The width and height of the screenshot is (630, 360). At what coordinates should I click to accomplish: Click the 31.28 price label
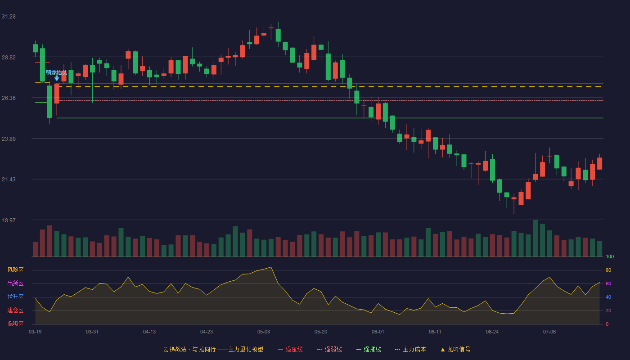[x=9, y=17]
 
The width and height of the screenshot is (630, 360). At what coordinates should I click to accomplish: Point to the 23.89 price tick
[x=9, y=139]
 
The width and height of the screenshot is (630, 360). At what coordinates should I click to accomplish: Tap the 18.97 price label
[x=9, y=220]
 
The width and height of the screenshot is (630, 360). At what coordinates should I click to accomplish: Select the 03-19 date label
[x=35, y=332]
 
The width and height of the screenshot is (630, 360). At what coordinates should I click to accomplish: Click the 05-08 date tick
[x=264, y=332]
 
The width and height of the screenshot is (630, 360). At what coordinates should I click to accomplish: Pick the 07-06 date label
[x=549, y=332]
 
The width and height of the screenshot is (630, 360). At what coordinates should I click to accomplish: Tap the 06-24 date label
[x=492, y=332]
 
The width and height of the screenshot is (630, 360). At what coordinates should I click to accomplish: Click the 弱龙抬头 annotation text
[x=57, y=73]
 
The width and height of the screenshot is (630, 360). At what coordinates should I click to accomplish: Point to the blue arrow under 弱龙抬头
[x=57, y=78]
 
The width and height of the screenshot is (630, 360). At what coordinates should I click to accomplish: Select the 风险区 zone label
[x=15, y=270]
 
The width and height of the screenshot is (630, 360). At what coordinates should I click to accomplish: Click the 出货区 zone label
[x=15, y=283]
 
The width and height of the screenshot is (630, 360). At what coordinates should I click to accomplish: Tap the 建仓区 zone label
[x=15, y=310]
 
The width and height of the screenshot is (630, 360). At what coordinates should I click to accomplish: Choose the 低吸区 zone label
[x=15, y=324]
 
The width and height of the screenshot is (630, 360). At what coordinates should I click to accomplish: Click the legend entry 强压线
[x=290, y=349]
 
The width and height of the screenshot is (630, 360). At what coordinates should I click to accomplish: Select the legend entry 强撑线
[x=369, y=349]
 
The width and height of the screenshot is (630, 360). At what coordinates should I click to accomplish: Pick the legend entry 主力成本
[x=410, y=349]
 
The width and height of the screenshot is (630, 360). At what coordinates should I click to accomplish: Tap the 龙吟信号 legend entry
[x=455, y=349]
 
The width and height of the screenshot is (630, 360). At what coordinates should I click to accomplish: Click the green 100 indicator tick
[x=610, y=256]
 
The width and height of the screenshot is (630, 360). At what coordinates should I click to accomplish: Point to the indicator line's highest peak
[x=271, y=267]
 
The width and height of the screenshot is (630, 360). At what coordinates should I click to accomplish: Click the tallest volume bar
[x=535, y=238]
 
